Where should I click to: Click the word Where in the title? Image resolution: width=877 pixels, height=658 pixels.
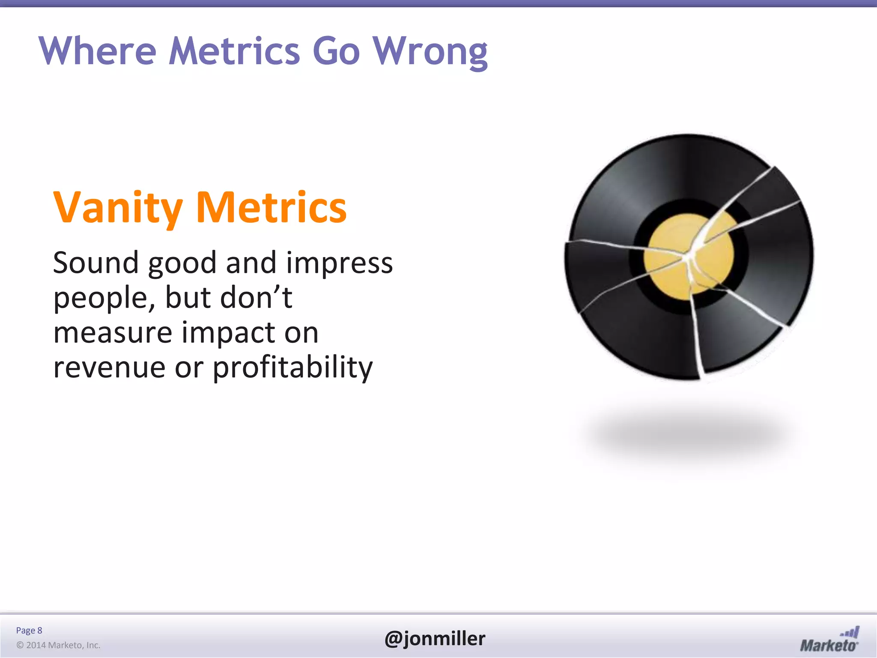pos(98,51)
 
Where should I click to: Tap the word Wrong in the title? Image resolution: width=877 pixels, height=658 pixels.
pos(430,51)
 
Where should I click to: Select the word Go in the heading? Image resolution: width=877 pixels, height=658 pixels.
pos(336,51)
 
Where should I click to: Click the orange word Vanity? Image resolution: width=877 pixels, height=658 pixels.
pos(118,208)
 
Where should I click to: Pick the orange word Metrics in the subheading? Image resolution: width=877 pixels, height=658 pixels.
pos(271,208)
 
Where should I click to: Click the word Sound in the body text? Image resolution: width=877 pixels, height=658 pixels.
pos(95,263)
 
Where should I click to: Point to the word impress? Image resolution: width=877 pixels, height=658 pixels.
pos(339,263)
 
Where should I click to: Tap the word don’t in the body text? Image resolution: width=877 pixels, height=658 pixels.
pos(256,297)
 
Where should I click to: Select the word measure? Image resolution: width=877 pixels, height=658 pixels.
pos(112,332)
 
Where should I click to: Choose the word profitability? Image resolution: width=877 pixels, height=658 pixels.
pos(292,367)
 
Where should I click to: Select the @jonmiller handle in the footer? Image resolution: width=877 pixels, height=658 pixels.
pos(435,638)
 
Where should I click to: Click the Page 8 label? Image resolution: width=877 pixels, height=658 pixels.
pos(29,630)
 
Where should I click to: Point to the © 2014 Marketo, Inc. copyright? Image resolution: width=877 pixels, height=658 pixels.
pos(58,645)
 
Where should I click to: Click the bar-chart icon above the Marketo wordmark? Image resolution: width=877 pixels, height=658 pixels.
pos(850,632)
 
